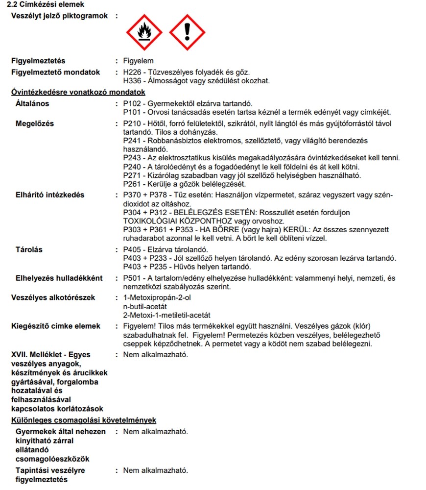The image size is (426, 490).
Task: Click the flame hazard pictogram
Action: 144,32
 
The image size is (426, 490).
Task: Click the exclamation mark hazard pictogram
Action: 187,32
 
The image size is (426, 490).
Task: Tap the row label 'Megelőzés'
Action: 35,123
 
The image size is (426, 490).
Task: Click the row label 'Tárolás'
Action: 29,249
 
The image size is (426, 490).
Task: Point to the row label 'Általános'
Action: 32,103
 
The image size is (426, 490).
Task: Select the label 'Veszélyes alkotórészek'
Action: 53,297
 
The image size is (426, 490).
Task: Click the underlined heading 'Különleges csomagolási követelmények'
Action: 84,420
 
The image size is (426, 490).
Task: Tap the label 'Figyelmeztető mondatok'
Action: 56,72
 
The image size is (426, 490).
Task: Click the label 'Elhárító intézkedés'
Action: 50,195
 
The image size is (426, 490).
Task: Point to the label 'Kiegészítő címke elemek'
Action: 56,326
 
